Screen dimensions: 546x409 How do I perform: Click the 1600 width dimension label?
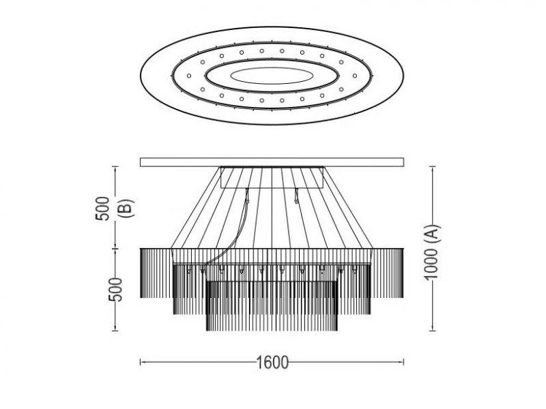click(272, 363)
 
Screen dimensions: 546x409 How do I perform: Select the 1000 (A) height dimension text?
click(432, 252)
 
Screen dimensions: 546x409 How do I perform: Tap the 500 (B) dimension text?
click(115, 208)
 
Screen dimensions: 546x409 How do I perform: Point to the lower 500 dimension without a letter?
click(115, 289)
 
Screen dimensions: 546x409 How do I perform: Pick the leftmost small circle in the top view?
click(189, 76)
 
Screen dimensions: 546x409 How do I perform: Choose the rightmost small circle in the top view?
click(354, 76)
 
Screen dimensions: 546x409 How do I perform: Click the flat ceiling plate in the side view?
click(272, 162)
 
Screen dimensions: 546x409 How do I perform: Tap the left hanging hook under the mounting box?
click(247, 196)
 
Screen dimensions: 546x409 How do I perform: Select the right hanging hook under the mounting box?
click(296, 196)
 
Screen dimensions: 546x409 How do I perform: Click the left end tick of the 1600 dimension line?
click(141, 362)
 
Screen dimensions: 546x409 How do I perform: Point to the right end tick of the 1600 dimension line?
click(403, 362)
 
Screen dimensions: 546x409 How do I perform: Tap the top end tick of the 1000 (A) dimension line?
click(432, 167)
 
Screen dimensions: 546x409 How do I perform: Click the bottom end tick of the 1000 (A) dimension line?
click(432, 331)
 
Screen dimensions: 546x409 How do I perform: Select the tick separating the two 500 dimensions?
click(115, 249)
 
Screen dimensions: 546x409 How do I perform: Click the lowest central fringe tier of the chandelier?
click(272, 306)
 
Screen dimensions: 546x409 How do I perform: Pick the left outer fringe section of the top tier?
click(156, 273)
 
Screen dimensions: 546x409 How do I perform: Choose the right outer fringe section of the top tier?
click(388, 273)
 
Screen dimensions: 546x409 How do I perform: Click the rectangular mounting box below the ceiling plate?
click(272, 177)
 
